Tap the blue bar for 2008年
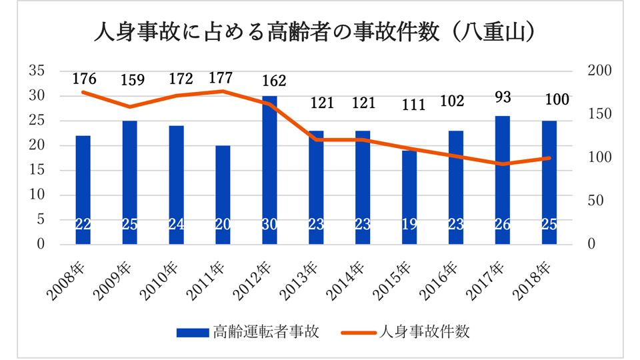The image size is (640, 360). coord(83,190)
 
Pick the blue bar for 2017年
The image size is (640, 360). coord(503,180)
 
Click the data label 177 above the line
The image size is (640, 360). coord(221,77)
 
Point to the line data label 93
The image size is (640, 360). coord(503,98)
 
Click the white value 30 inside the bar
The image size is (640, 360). coord(269,225)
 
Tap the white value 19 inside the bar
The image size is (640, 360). coord(409,225)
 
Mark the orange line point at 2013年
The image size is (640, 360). coord(316,140)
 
